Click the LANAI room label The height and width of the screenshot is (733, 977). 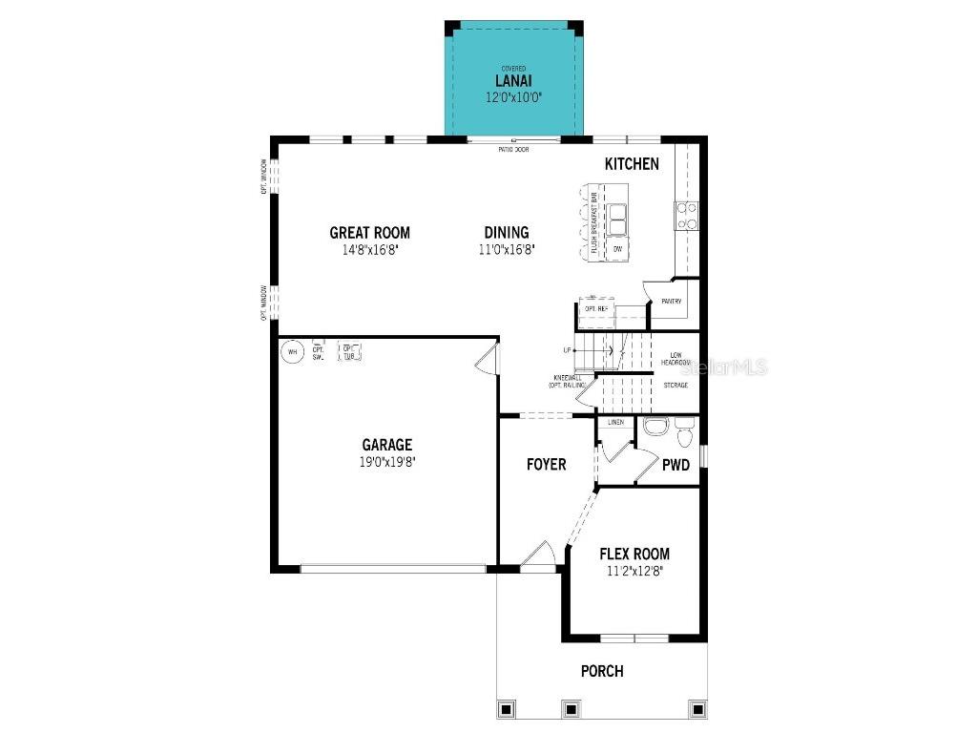(513, 81)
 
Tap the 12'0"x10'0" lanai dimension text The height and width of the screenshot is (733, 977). (513, 97)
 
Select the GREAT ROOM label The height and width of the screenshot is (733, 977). (370, 233)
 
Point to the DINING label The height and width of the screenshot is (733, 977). (506, 233)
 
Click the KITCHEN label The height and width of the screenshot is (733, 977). (632, 164)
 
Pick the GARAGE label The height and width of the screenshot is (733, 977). (386, 445)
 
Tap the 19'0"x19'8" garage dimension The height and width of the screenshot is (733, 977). (386, 461)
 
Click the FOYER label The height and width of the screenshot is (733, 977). (547, 465)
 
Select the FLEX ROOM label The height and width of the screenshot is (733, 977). (634, 554)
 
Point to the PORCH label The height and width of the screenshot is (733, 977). (602, 671)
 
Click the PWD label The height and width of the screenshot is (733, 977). (676, 466)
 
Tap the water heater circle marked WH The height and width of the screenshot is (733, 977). (293, 352)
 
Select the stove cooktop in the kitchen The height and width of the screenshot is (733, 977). (687, 217)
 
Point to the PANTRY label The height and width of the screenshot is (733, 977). (672, 302)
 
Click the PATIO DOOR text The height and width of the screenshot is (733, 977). (513, 150)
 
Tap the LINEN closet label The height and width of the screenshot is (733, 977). (615, 422)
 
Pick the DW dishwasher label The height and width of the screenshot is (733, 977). (618, 249)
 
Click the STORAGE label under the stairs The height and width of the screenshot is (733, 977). (676, 386)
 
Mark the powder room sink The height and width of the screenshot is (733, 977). (655, 427)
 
